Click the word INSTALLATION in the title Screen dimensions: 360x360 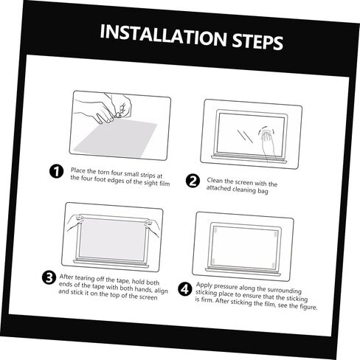pyautogui.click(x=163, y=36)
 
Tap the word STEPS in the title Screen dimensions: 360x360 pyautogui.click(x=258, y=41)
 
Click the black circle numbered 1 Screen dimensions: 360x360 pyautogui.click(x=56, y=171)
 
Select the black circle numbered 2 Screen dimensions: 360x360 pyautogui.click(x=193, y=181)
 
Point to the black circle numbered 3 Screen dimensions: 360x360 pyautogui.click(x=49, y=277)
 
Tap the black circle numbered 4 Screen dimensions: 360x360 pyautogui.click(x=185, y=289)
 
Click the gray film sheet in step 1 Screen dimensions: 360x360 pyautogui.click(x=116, y=137)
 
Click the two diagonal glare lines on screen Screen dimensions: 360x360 pyautogui.click(x=245, y=136)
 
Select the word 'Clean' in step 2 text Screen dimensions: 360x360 pyautogui.click(x=215, y=181)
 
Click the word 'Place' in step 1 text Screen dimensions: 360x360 pyautogui.click(x=78, y=170)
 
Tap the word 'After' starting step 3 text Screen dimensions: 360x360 pyautogui.click(x=66, y=277)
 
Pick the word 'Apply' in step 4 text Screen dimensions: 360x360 pyautogui.click(x=204, y=285)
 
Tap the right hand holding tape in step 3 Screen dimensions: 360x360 pyautogui.click(x=153, y=227)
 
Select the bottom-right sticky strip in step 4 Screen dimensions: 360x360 pyautogui.click(x=272, y=266)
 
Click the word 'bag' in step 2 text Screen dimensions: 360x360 pyautogui.click(x=263, y=191)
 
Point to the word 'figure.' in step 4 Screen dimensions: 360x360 pyautogui.click(x=308, y=307)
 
